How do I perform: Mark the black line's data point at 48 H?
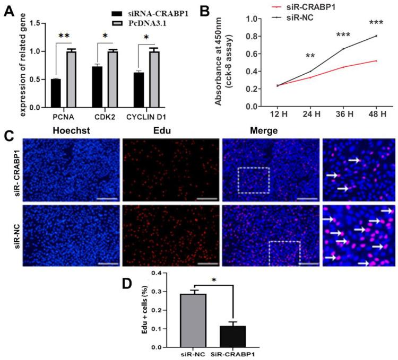point(376,36)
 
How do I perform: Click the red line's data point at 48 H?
point(376,61)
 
